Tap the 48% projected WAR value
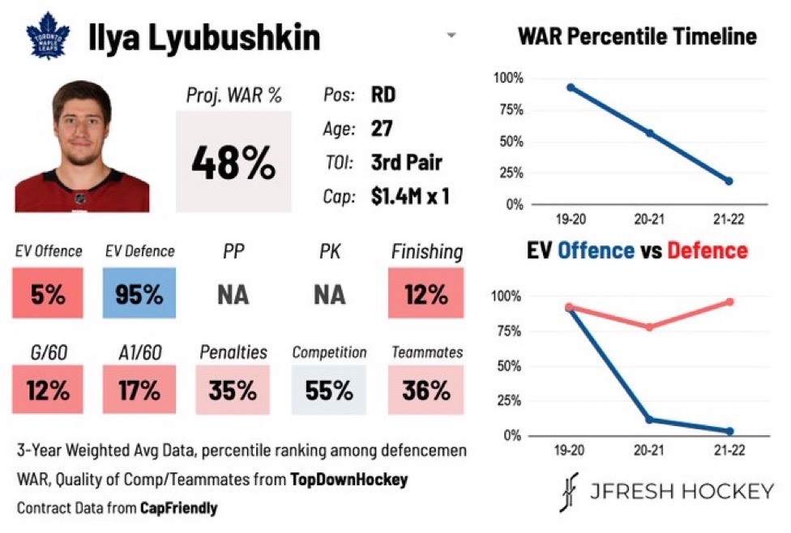pyautogui.click(x=233, y=163)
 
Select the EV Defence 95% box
pyautogui.click(x=139, y=293)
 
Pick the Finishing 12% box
pyautogui.click(x=426, y=293)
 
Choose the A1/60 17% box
pyautogui.click(x=139, y=390)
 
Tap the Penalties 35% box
pyautogui.click(x=233, y=390)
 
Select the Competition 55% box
pyautogui.click(x=329, y=390)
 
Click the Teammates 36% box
pyautogui.click(x=426, y=390)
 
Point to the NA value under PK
pyautogui.click(x=329, y=294)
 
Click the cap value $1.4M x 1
pyautogui.click(x=410, y=196)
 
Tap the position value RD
pyautogui.click(x=384, y=95)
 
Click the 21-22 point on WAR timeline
pyautogui.click(x=729, y=181)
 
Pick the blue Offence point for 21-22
pyautogui.click(x=729, y=431)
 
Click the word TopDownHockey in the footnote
pyautogui.click(x=348, y=480)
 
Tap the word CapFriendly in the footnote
pyautogui.click(x=178, y=508)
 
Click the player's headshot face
pyautogui.click(x=81, y=130)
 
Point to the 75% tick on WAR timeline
pyautogui.click(x=513, y=110)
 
